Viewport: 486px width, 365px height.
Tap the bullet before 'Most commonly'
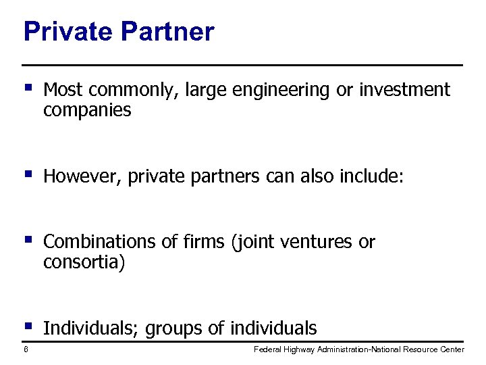point(28,87)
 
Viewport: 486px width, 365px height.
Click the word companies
point(87,111)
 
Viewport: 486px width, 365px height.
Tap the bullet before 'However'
point(28,175)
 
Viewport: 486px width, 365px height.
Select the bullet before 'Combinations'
point(28,239)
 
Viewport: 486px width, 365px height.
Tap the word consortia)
point(84,262)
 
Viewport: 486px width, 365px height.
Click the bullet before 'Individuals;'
point(28,326)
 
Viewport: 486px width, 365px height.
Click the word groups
point(174,329)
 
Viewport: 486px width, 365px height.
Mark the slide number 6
point(25,349)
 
